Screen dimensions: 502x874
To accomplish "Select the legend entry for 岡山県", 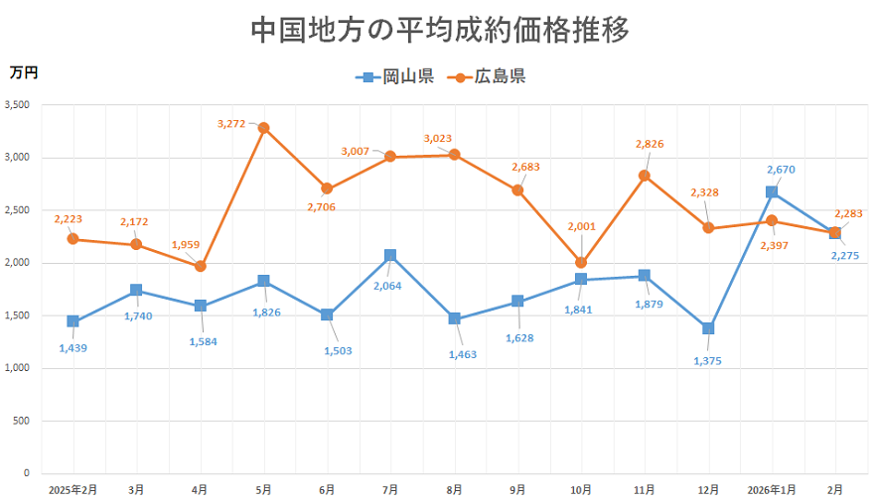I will point(395,77).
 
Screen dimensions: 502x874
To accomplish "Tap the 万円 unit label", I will point(24,71).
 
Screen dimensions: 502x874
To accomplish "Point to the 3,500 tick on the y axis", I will point(17,104).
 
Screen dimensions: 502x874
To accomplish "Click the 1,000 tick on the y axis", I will point(17,368).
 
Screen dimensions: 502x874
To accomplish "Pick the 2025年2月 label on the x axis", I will point(73,489).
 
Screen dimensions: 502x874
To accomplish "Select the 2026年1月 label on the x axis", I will point(772,489).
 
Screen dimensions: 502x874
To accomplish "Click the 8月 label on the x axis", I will point(454,489).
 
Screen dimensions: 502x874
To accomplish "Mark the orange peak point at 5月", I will point(263,128).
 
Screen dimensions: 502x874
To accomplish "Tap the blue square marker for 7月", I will point(390,256).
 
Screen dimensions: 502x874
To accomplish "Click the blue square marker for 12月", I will point(708,328).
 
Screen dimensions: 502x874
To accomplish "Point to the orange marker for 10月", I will point(581,263).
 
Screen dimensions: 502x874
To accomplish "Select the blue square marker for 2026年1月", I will point(772,192).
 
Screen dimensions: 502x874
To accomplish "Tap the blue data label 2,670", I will point(781,170).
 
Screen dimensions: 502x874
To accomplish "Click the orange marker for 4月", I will point(200,266).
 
